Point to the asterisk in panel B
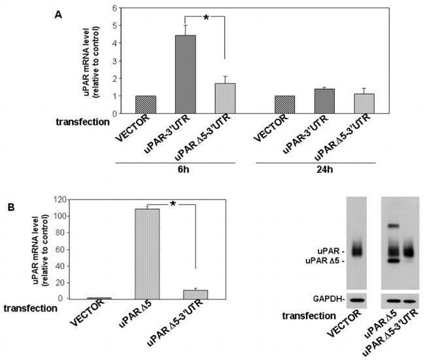pyautogui.click(x=172, y=205)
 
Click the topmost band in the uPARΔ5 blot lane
pyautogui.click(x=392, y=226)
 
